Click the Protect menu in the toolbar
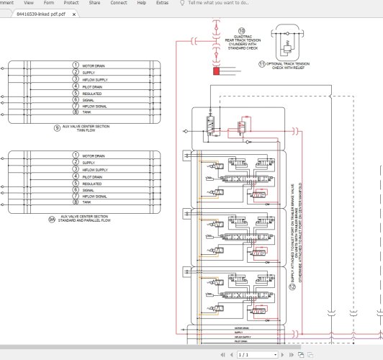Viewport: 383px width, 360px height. point(71,3)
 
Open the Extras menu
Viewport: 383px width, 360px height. point(163,3)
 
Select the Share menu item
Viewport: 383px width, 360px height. point(94,3)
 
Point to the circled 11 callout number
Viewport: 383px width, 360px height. point(262,63)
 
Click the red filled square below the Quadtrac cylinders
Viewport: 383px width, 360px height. point(216,71)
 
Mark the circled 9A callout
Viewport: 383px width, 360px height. point(51,217)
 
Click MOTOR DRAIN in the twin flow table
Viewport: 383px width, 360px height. point(93,66)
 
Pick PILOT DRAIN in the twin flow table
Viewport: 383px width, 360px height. point(92,86)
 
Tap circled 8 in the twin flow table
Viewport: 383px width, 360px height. point(75,112)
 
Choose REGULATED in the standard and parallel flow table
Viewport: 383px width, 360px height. point(91,184)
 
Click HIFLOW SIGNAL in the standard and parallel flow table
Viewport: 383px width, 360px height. point(94,197)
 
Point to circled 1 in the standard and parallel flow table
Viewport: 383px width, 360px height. point(75,156)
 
